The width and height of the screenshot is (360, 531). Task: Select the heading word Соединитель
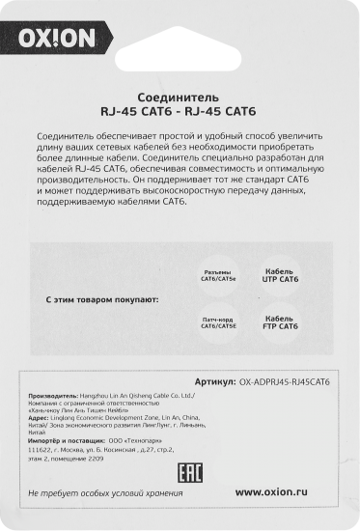180,98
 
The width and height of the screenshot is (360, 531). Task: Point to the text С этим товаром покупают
102,300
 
